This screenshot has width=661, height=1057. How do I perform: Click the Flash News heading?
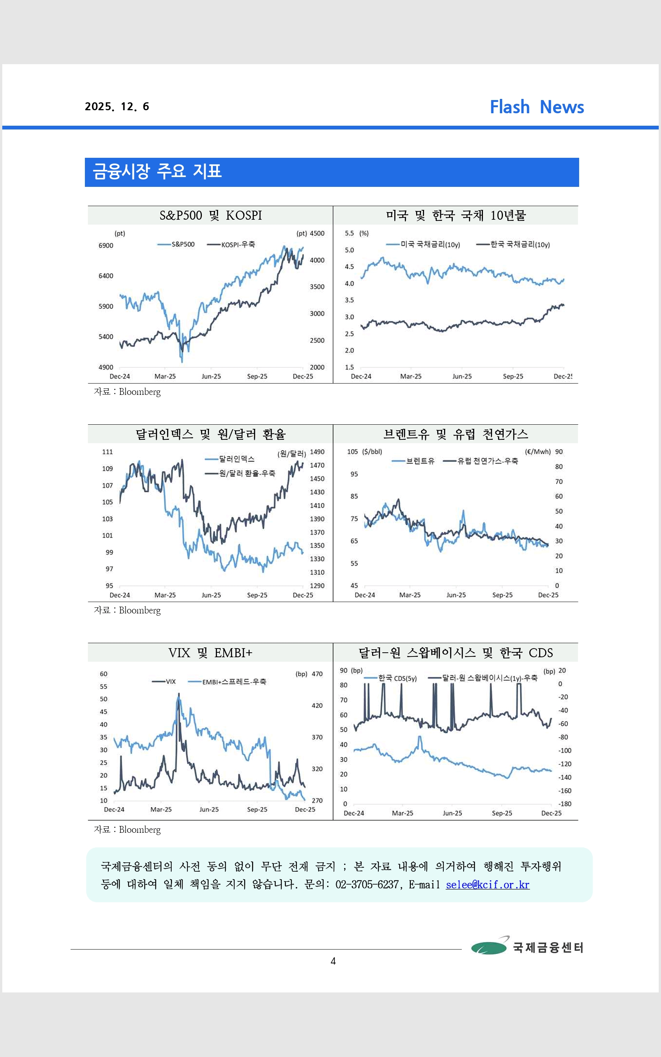click(x=536, y=107)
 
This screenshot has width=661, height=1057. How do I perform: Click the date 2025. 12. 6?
click(x=117, y=107)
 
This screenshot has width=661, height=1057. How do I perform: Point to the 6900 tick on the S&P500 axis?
click(x=106, y=246)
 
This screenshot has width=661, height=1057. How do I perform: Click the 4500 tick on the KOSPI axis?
click(x=317, y=234)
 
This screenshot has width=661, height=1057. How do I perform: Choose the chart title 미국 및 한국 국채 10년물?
click(x=455, y=216)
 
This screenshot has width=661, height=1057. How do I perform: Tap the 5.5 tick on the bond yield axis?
click(x=349, y=234)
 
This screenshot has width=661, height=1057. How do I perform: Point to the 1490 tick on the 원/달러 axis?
click(x=317, y=452)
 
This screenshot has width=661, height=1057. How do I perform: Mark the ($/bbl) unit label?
click(x=372, y=452)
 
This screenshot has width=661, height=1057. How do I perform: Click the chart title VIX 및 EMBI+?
click(x=210, y=653)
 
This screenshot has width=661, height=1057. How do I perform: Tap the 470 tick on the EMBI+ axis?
click(x=317, y=674)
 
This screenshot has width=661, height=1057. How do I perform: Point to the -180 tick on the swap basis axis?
click(x=565, y=804)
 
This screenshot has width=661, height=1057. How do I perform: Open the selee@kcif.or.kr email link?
click(x=487, y=885)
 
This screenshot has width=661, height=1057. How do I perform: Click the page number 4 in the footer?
click(x=333, y=961)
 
